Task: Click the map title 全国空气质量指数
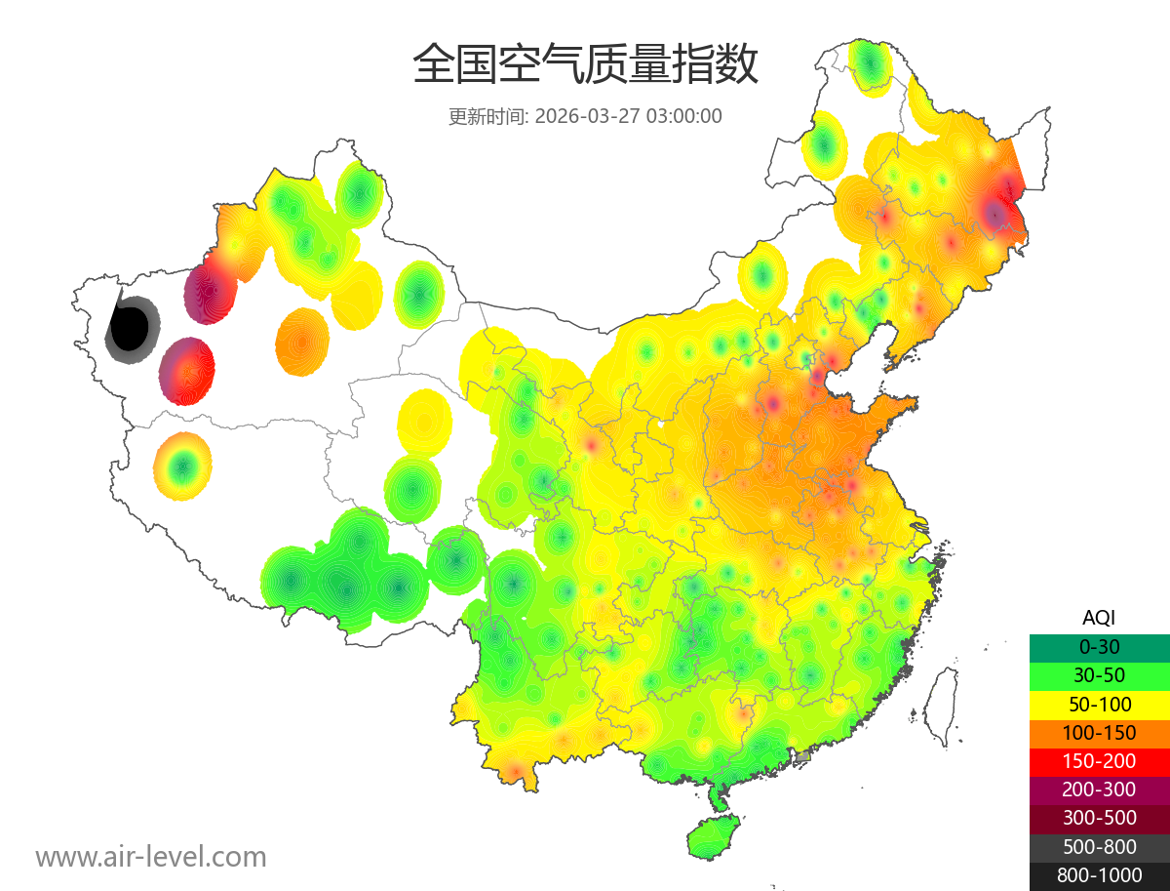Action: pyautogui.click(x=585, y=65)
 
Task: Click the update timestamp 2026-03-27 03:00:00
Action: pyautogui.click(x=585, y=116)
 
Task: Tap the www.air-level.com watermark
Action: pyautogui.click(x=151, y=857)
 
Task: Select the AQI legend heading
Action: pyautogui.click(x=1099, y=618)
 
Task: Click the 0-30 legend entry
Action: pyautogui.click(x=1099, y=646)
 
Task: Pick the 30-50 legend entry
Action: pyautogui.click(x=1099, y=674)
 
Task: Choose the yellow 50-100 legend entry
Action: pyautogui.click(x=1099, y=704)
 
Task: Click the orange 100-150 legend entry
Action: pyautogui.click(x=1099, y=732)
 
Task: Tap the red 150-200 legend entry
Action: pyautogui.click(x=1099, y=760)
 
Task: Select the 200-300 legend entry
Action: pyautogui.click(x=1099, y=789)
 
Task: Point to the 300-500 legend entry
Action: pyautogui.click(x=1099, y=818)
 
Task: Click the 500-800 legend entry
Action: pyautogui.click(x=1099, y=846)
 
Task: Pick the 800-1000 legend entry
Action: pyautogui.click(x=1099, y=875)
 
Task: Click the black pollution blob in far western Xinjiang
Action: pyautogui.click(x=128, y=327)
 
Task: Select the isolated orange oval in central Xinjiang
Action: pyautogui.click(x=302, y=342)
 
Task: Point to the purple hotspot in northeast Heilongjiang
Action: pyautogui.click(x=994, y=212)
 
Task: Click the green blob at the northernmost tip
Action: pyautogui.click(x=870, y=66)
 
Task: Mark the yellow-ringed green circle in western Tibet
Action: pyautogui.click(x=182, y=466)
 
